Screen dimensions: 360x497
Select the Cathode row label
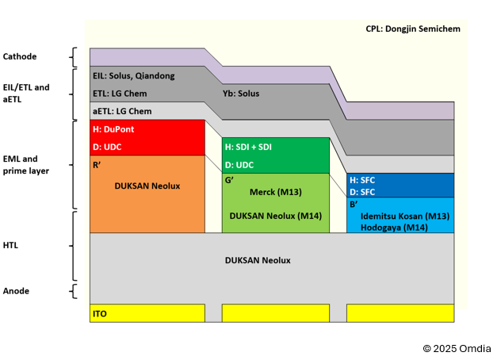click(x=20, y=56)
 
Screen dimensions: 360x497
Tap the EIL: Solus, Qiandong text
click(x=134, y=76)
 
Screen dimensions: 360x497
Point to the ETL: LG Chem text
click(x=120, y=94)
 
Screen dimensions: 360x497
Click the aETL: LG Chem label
click(x=122, y=111)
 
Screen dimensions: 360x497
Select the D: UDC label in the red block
click(x=107, y=147)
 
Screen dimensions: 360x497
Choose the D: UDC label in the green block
click(x=240, y=165)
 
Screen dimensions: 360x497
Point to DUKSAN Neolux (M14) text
click(x=275, y=215)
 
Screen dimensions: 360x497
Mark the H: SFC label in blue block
click(x=362, y=180)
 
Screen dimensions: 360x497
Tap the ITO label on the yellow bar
click(x=99, y=314)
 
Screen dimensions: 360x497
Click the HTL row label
click(x=12, y=246)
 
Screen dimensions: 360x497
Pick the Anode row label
click(x=16, y=291)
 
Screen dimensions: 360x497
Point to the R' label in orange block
click(x=97, y=165)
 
